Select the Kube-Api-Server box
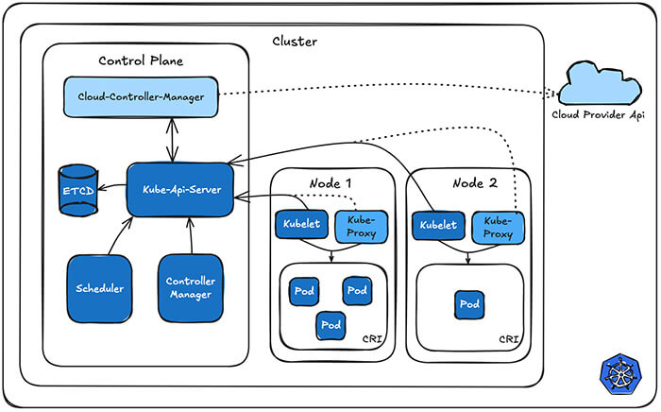click(181, 189)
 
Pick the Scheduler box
click(99, 287)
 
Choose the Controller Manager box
click(190, 287)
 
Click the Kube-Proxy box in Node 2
click(497, 226)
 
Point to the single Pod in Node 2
click(469, 304)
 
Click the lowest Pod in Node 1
click(330, 324)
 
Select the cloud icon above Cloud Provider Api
click(599, 84)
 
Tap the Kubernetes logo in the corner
click(619, 374)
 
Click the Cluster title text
click(295, 42)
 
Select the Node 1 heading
click(330, 182)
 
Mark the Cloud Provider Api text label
click(599, 115)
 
